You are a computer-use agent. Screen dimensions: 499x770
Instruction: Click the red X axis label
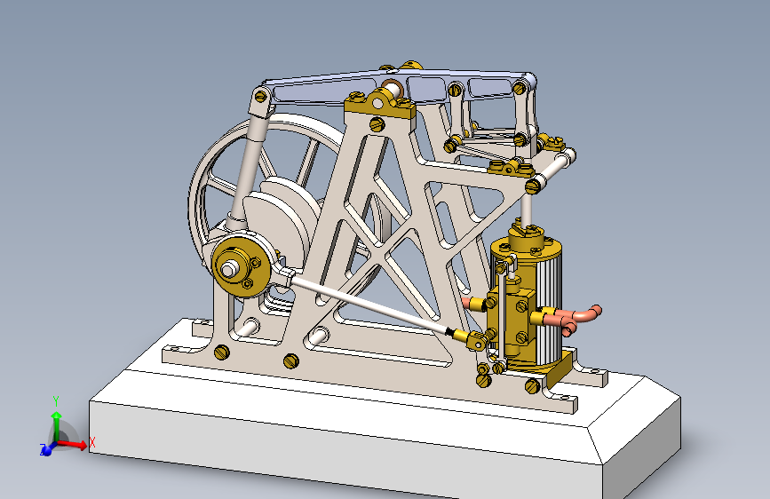point(91,441)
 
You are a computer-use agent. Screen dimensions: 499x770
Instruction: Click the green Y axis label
point(56,400)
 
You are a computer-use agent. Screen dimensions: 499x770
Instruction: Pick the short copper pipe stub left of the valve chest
point(475,303)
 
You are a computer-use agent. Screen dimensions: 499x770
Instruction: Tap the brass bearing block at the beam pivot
point(379,108)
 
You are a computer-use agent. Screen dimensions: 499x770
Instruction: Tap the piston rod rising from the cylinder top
point(527,209)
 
